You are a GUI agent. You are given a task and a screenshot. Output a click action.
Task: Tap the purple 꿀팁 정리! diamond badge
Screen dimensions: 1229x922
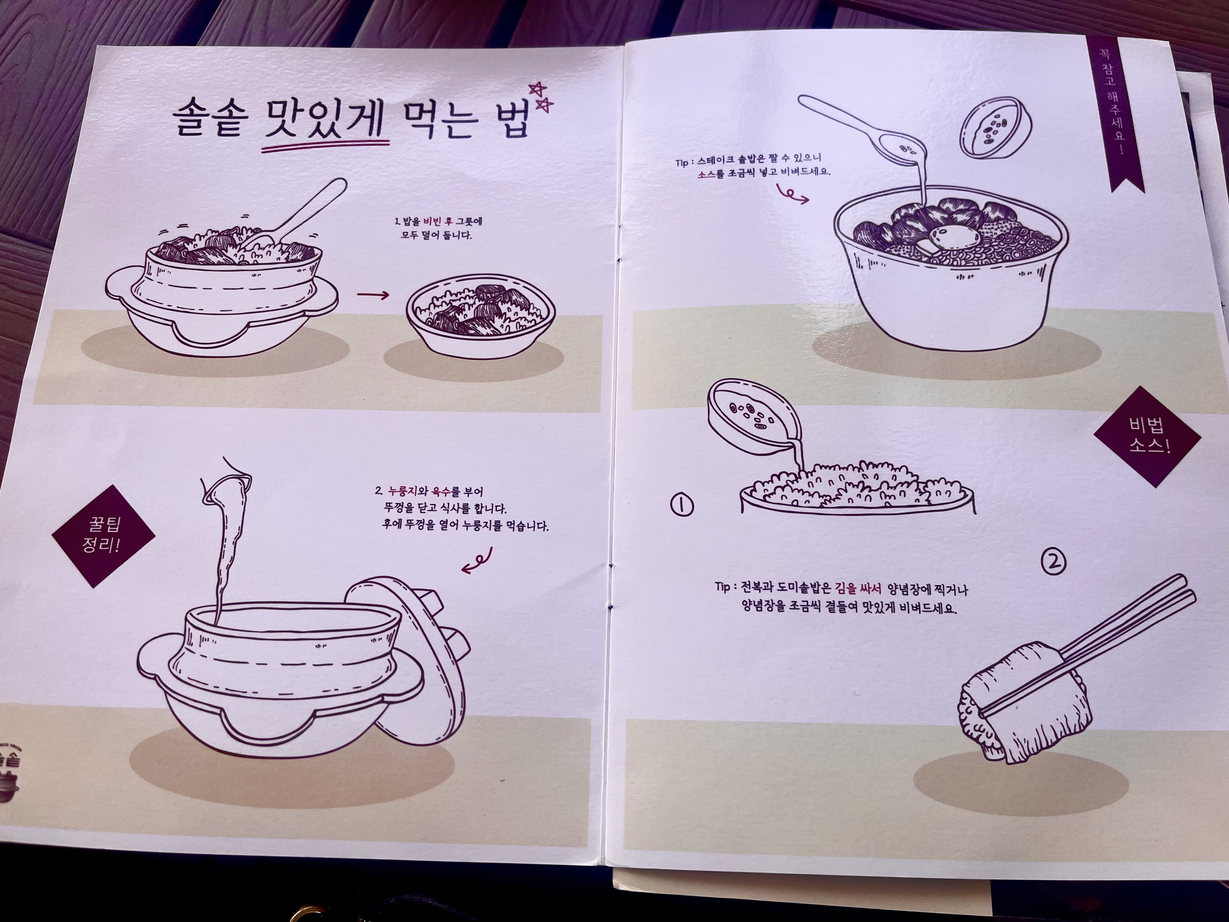point(103,536)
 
